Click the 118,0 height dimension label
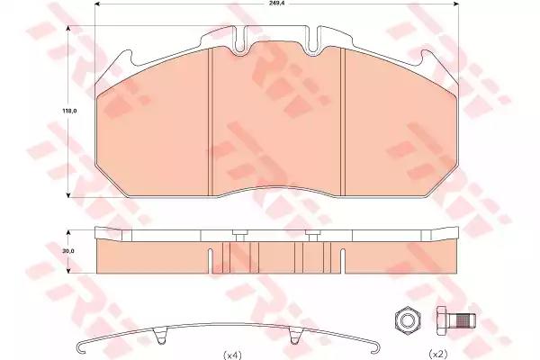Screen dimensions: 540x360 pos(69,111)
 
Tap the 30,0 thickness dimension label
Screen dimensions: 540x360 pos(68,251)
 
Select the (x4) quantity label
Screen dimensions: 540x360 pos(232,355)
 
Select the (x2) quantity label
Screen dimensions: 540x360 pos(437,354)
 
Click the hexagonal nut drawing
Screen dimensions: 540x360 pos(408,320)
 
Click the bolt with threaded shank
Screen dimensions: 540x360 pos(456,320)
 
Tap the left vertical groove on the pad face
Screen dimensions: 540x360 pos(211,122)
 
